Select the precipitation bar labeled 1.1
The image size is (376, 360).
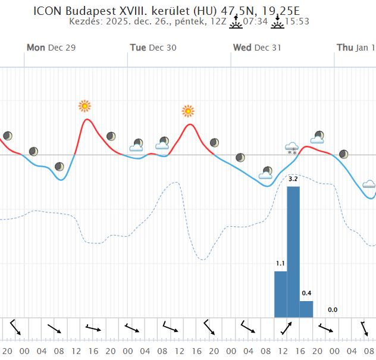(280, 294)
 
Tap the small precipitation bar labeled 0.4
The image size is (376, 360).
(306, 309)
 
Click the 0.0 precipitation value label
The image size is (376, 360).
(333, 309)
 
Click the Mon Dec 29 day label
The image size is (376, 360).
(51, 48)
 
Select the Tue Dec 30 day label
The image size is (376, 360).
(153, 48)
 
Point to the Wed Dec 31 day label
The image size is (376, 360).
(257, 48)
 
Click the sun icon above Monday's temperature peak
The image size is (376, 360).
(85, 106)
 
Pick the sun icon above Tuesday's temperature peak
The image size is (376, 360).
(188, 111)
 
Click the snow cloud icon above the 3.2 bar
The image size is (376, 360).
(292, 148)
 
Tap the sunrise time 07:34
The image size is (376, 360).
(255, 22)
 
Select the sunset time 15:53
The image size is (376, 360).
(297, 22)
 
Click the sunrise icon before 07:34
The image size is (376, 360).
(236, 22)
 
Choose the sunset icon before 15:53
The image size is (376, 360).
(277, 22)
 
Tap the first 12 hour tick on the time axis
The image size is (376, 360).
(76, 351)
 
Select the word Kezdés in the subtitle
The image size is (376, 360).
(87, 22)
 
